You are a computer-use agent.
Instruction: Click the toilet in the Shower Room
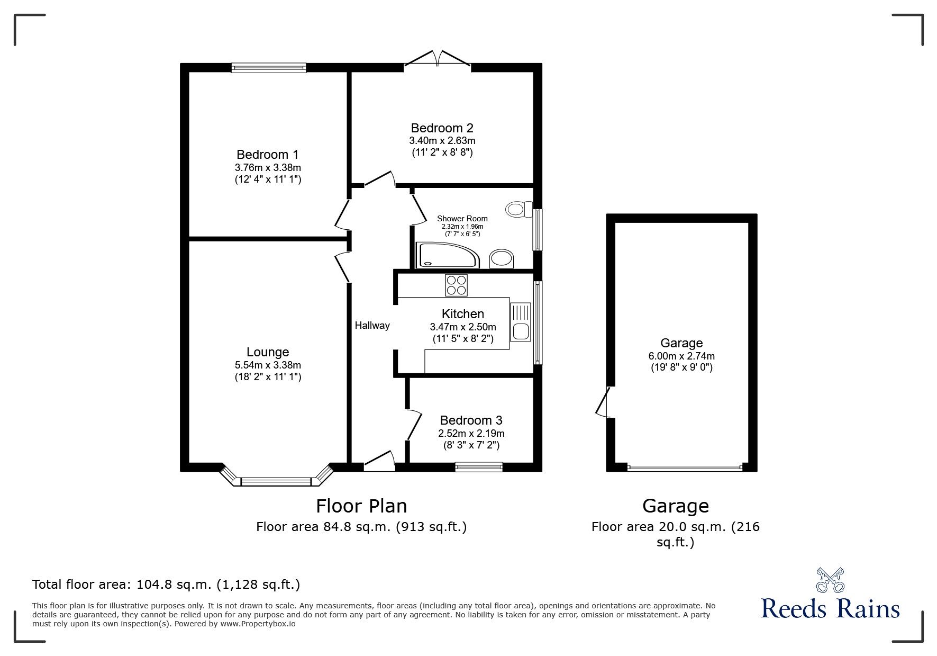click(519, 209)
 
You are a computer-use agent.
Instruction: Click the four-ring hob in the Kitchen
click(456, 285)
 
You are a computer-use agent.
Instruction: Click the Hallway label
click(372, 326)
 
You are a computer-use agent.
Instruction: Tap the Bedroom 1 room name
click(268, 155)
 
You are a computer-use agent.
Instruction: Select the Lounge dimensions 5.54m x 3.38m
click(268, 365)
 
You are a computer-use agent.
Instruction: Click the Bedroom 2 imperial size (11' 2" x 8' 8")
click(442, 152)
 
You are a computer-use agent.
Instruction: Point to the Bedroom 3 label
click(471, 420)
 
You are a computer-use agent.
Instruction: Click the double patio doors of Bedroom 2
click(438, 59)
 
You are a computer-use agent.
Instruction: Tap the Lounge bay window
click(276, 476)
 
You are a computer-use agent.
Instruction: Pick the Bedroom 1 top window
click(269, 67)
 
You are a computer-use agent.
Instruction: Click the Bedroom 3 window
click(479, 467)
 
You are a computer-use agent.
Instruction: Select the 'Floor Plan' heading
click(361, 506)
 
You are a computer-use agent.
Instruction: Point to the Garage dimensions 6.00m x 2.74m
click(681, 356)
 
